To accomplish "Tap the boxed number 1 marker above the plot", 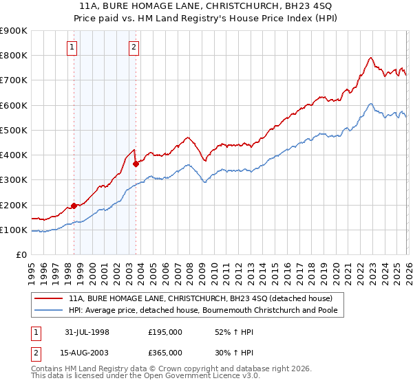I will tap(73, 47).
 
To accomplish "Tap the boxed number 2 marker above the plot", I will tap(134, 47).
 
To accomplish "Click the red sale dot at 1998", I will tap(74, 206).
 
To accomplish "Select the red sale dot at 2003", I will tap(136, 164).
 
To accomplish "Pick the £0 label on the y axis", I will tap(21, 255).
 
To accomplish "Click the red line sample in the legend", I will tap(49, 298).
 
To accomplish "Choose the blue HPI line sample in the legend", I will tap(49, 310).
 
